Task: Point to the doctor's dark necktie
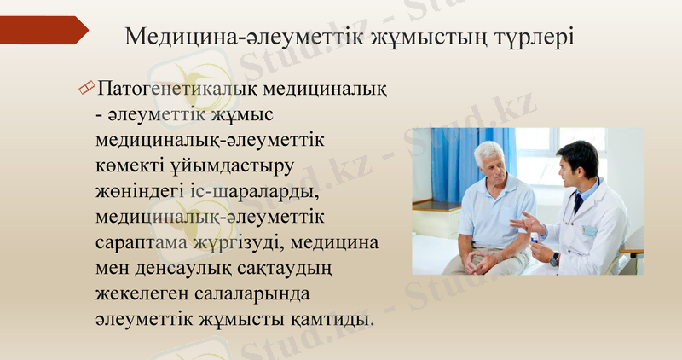point(579,203)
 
